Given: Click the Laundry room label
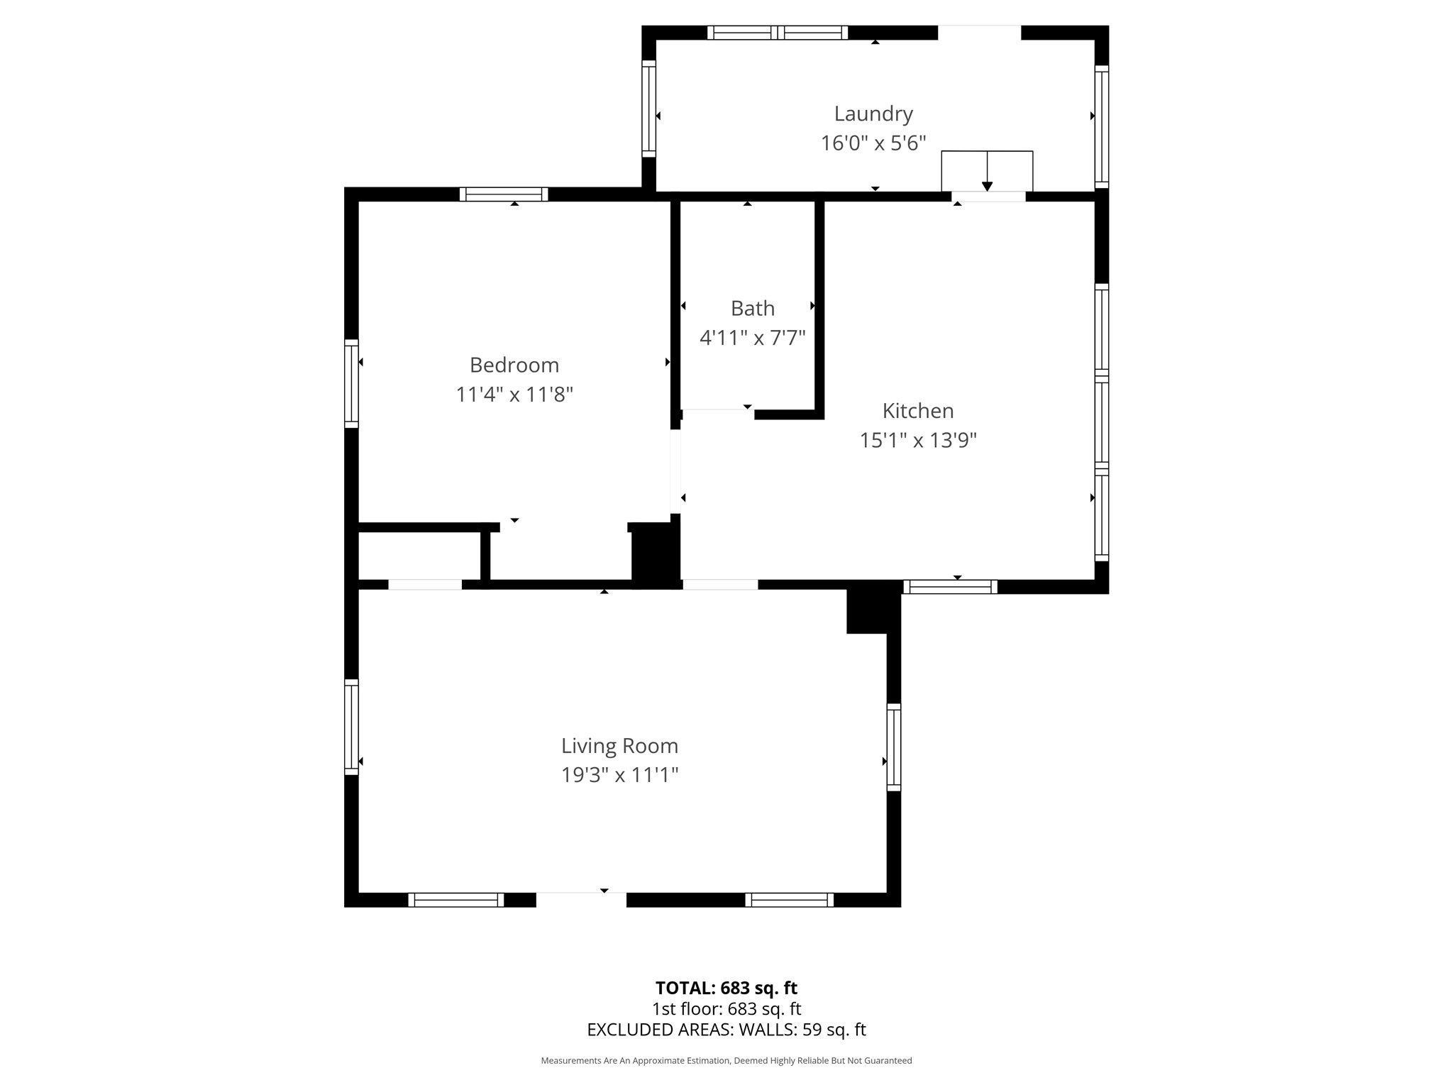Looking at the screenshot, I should click(873, 114).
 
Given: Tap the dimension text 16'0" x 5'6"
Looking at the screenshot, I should click(873, 143).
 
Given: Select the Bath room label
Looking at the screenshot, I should click(752, 308).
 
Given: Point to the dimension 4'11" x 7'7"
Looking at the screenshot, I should click(752, 338).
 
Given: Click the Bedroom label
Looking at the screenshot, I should click(514, 365).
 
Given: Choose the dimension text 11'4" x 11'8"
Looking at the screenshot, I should click(514, 395).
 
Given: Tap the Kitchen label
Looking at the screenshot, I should click(917, 410).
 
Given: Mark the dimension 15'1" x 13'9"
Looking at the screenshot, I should click(917, 441).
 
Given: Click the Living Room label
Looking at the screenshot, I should click(619, 746).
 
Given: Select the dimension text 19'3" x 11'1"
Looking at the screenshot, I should click(619, 775).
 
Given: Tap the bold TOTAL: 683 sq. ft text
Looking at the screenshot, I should click(726, 988).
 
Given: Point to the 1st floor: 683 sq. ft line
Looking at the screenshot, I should click(726, 1008).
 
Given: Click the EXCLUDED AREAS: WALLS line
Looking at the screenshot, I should click(726, 1030).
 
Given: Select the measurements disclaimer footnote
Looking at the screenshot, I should click(726, 1060).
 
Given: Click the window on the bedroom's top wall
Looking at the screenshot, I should click(504, 194).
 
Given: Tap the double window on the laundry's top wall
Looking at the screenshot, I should click(778, 33).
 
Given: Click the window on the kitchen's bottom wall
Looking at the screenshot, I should click(950, 587).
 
